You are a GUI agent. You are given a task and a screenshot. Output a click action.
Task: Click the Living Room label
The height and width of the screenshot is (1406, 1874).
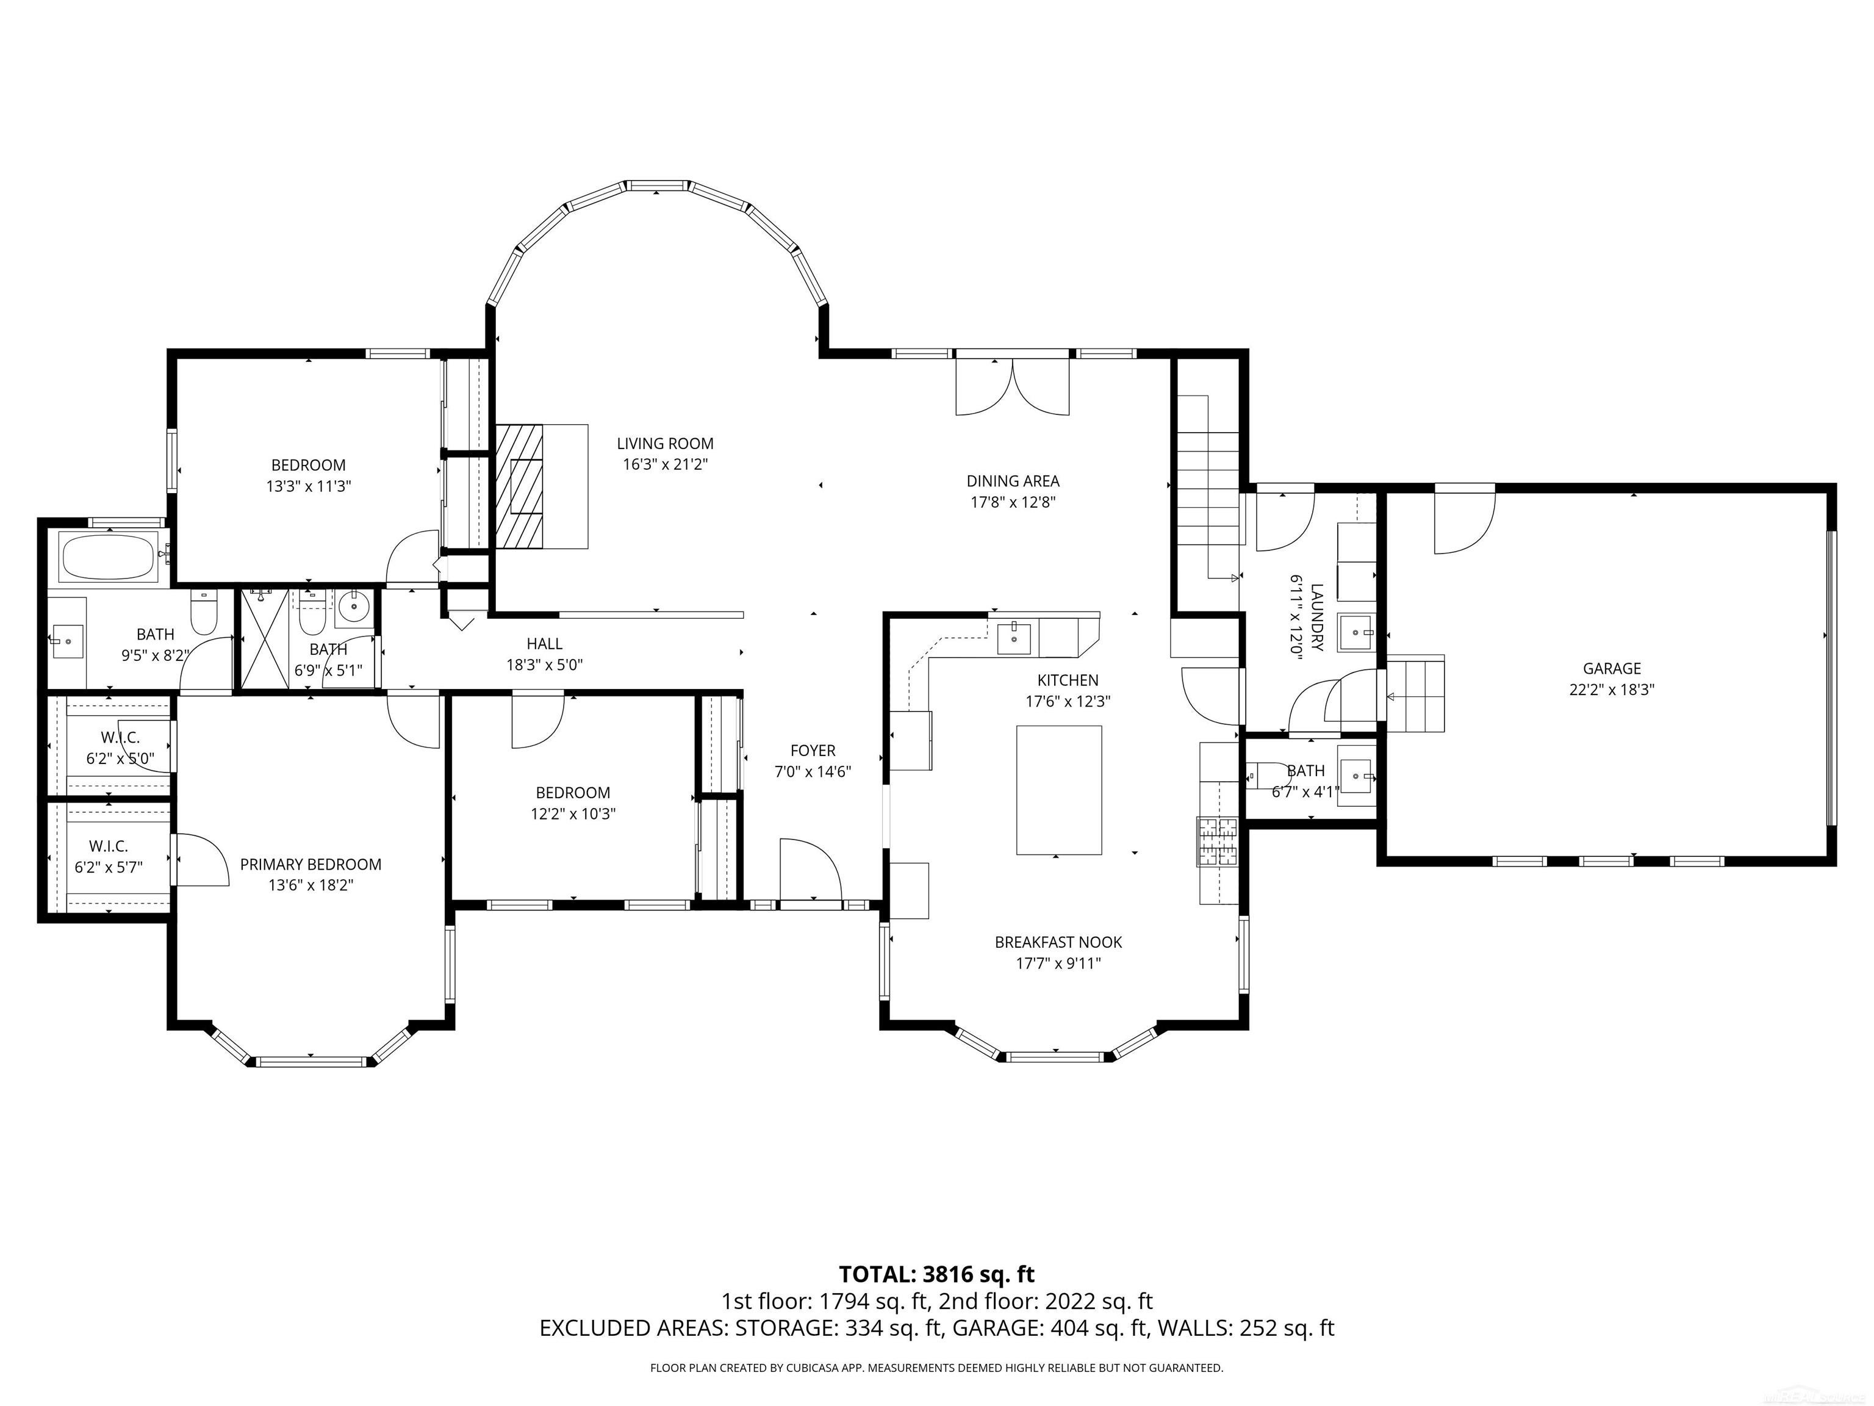click(665, 443)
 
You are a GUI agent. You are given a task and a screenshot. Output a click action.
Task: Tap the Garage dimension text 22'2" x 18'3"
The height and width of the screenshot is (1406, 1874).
click(1611, 690)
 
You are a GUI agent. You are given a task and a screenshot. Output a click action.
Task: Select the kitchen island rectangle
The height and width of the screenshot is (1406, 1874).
click(1059, 790)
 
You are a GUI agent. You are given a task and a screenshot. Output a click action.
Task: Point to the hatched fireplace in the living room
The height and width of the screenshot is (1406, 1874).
click(519, 486)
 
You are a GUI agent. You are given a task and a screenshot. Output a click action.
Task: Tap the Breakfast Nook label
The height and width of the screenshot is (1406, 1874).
click(1058, 942)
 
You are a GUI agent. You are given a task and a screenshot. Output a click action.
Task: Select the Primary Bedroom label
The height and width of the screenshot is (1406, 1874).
click(311, 865)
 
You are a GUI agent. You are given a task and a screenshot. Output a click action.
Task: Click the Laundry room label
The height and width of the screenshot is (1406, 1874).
click(1316, 617)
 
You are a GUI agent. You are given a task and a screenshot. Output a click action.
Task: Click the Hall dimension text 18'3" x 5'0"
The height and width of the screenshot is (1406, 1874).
click(545, 665)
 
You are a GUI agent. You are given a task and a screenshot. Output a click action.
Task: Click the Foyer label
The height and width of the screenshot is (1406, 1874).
click(813, 751)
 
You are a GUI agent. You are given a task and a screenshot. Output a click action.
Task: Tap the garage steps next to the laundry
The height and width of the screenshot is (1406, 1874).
click(1415, 693)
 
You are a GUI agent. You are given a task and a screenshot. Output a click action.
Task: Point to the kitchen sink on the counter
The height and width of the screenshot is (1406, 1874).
click(1013, 637)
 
